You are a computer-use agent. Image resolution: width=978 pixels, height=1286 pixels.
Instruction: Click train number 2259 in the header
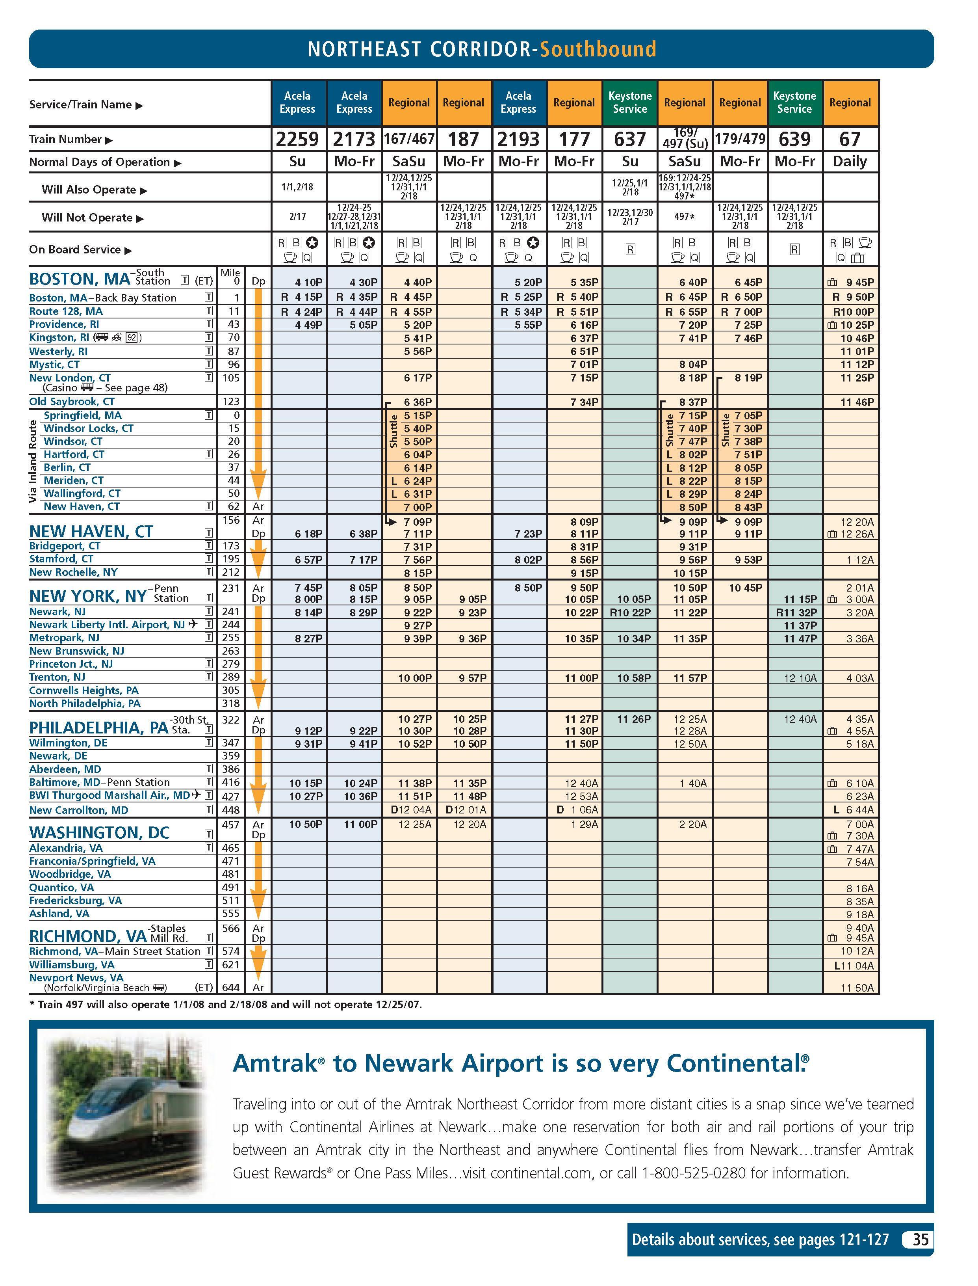297,139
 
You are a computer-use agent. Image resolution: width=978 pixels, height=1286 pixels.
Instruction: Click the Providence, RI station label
64,324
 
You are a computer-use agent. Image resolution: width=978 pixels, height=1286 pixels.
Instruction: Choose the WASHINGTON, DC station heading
99,832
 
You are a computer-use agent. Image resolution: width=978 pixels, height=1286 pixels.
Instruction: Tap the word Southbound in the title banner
598,49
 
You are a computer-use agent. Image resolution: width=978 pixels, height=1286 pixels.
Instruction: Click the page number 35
920,1239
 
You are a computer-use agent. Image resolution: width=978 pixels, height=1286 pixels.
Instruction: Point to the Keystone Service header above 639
794,102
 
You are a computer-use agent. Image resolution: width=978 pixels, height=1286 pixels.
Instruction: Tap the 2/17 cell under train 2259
297,217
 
